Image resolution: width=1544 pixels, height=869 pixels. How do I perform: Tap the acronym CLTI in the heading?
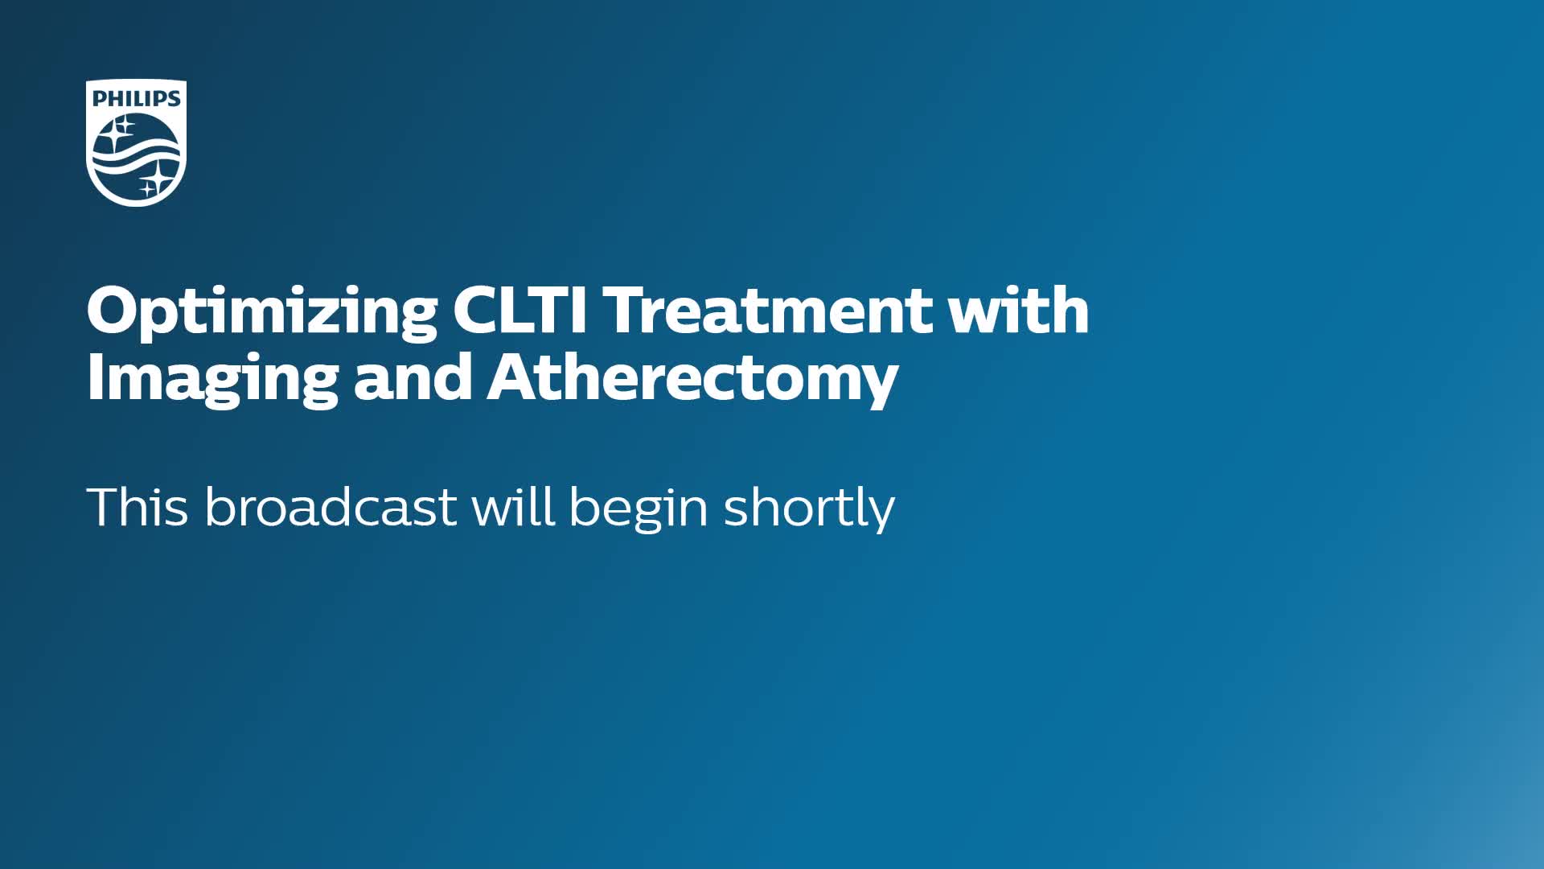pyautogui.click(x=520, y=310)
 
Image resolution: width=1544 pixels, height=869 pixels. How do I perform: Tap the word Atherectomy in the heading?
pyautogui.click(x=692, y=380)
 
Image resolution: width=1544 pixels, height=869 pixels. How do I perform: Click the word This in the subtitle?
pyautogui.click(x=138, y=507)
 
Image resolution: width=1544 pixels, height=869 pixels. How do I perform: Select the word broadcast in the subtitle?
pyautogui.click(x=331, y=507)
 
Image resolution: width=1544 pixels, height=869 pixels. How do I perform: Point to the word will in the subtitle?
pyautogui.click(x=513, y=506)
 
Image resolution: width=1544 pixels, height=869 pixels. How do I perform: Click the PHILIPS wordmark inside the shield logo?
pyautogui.click(x=137, y=99)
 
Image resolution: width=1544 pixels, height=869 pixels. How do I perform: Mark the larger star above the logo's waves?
pyautogui.click(x=121, y=131)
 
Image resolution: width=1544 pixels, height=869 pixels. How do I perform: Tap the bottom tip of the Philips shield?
pyautogui.click(x=136, y=207)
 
